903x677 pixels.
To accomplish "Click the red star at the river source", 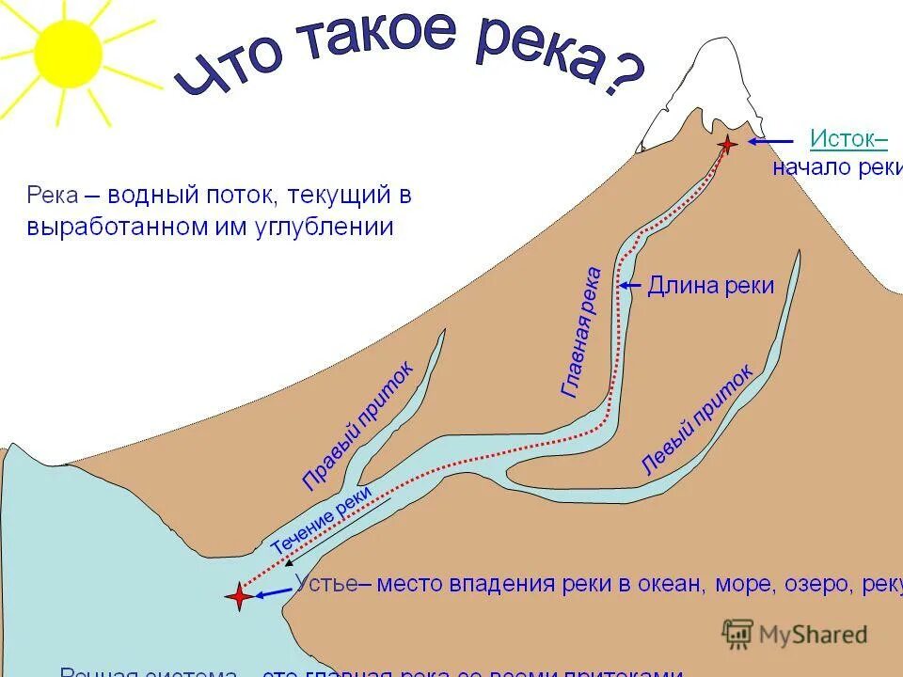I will click(727, 144).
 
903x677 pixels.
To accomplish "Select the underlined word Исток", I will click(847, 139).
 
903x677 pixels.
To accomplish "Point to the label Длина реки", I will click(711, 286).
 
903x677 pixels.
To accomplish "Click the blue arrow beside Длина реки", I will click(630, 285).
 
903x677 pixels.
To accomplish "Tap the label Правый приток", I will click(358, 426).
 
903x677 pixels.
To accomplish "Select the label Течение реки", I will click(320, 518).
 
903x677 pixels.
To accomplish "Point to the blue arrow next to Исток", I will click(771, 142).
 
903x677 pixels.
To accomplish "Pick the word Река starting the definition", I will click(53, 197).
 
